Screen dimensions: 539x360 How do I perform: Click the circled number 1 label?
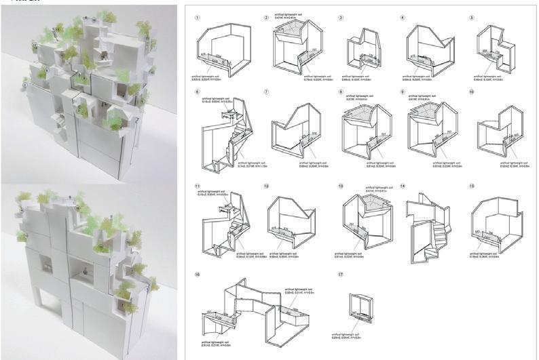(x=197, y=18)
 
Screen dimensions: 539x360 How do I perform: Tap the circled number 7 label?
(x=267, y=91)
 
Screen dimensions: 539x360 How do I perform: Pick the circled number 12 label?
(x=267, y=185)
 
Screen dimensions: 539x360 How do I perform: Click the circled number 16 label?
(x=197, y=275)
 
